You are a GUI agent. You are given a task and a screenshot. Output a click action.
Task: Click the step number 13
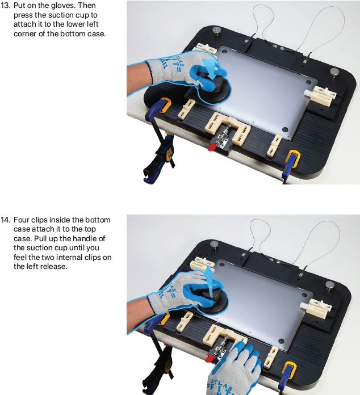click(x=6, y=6)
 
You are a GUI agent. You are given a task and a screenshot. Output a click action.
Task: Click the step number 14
click(x=6, y=220)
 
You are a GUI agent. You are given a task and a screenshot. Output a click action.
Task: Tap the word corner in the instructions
click(x=25, y=33)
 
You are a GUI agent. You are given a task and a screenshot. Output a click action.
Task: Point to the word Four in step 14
click(x=22, y=220)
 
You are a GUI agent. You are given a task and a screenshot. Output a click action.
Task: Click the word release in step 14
click(x=54, y=267)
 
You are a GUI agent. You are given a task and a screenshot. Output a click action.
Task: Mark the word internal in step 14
click(x=69, y=257)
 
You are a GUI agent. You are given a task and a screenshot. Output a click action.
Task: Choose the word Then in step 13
click(x=87, y=6)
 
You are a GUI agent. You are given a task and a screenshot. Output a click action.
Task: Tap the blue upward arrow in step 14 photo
click(x=209, y=281)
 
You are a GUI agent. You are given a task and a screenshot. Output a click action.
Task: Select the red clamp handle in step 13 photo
click(x=212, y=147)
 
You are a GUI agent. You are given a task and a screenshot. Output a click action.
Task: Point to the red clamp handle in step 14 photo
click(x=210, y=358)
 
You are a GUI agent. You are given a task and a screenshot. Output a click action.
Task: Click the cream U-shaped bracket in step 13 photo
click(x=227, y=128)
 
